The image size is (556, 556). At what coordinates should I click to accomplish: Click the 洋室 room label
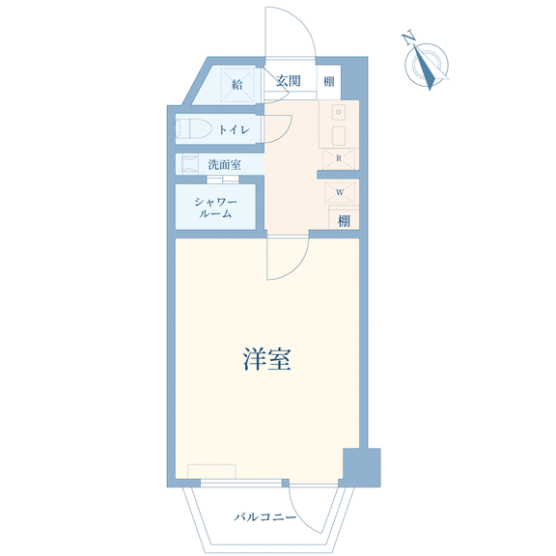coord(266,359)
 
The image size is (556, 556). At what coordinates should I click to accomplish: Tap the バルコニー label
coord(264,517)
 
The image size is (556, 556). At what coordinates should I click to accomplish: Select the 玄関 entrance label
coord(289,81)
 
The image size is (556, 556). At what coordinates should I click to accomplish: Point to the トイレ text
coord(234,129)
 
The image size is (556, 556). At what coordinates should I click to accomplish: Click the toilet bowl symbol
coord(194,128)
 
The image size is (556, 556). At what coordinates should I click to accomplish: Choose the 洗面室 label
coord(225,164)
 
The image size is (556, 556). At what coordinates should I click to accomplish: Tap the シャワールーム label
coord(215,208)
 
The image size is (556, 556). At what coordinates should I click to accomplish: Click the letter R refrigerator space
coord(339,158)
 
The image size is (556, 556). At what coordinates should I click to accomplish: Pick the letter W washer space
coord(340,192)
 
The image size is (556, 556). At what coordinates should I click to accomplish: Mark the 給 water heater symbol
coord(237,84)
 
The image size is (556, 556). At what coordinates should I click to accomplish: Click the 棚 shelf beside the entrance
coord(329,81)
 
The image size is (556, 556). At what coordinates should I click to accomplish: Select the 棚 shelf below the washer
coord(344,221)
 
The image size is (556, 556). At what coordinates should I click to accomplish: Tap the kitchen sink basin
coord(339,136)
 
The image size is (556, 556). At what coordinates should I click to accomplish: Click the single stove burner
coord(339,112)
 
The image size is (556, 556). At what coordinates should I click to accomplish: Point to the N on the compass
coord(409,38)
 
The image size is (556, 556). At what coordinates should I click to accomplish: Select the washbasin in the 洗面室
coord(189,164)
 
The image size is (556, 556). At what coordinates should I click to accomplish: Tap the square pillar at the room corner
coord(362,467)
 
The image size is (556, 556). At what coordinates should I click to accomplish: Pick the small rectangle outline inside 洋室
coord(211,472)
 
